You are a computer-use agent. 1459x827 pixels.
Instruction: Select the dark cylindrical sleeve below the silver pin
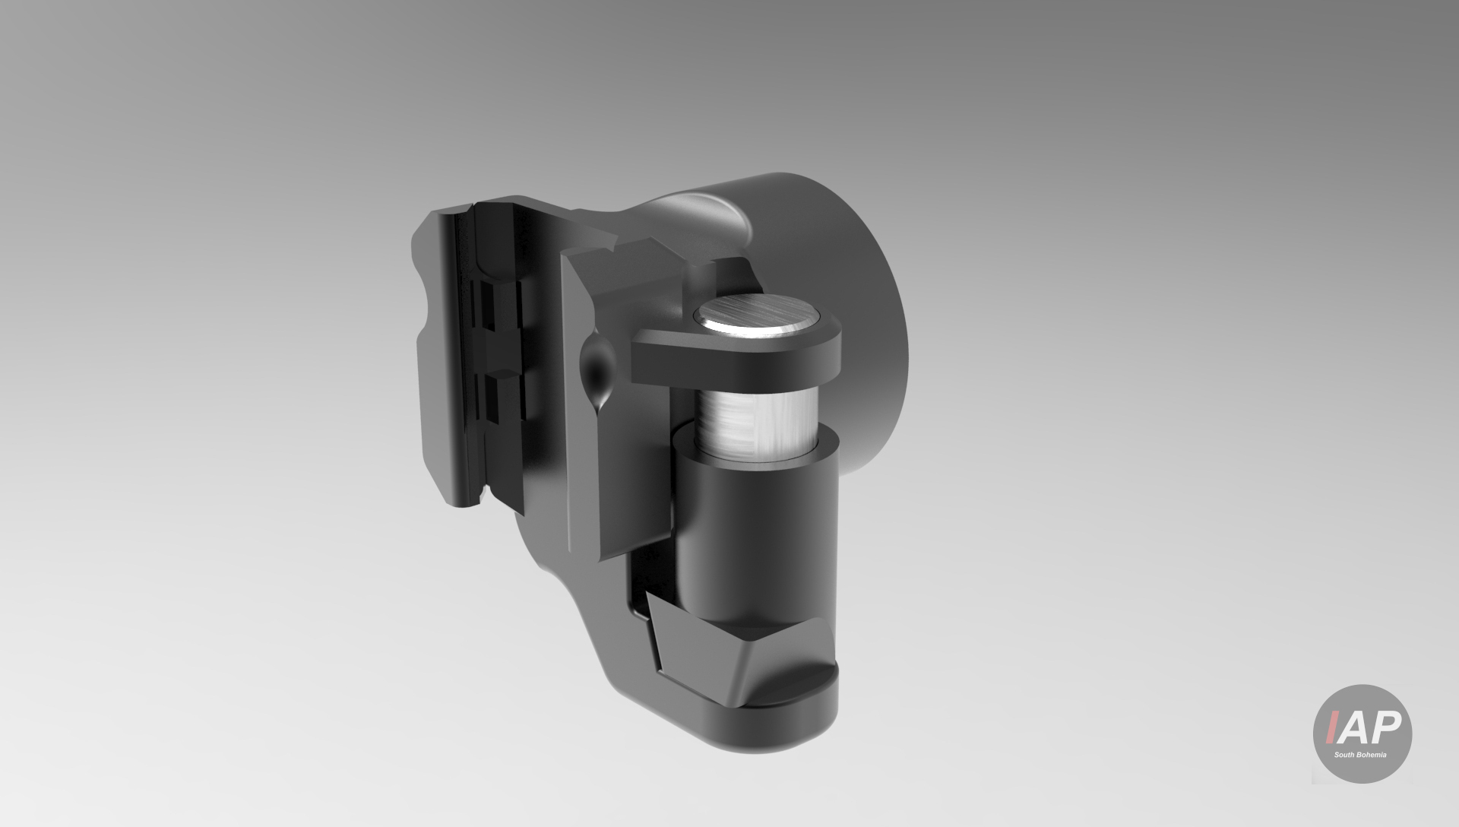tap(752, 532)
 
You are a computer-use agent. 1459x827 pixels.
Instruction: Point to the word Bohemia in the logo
tap(1373, 755)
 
